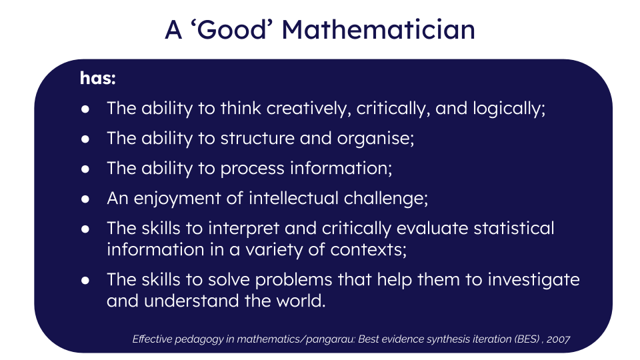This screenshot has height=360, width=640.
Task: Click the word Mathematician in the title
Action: (379, 30)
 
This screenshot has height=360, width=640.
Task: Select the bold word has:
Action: (98, 78)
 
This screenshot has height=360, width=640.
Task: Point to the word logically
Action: (509, 109)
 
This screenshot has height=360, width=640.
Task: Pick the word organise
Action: (375, 139)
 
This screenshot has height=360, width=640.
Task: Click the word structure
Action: (257, 139)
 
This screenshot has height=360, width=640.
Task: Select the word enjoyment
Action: (177, 199)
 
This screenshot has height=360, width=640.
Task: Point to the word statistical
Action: (514, 228)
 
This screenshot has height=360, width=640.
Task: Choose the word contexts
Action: (369, 250)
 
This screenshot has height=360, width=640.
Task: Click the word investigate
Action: (534, 280)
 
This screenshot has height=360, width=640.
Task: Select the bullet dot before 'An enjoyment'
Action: (85, 199)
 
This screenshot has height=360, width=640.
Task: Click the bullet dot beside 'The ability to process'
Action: (85, 169)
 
